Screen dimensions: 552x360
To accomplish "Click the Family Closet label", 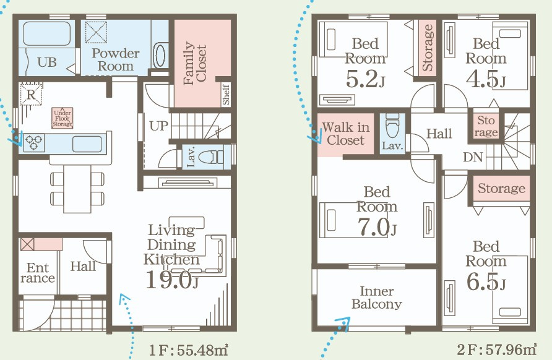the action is click(195, 63).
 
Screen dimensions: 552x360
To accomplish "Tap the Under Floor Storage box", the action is click(63, 118).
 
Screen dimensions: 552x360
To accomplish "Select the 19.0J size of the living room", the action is click(172, 280).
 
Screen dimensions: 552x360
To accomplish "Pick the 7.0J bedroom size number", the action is click(377, 227).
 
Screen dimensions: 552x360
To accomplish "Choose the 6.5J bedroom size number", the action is click(486, 281).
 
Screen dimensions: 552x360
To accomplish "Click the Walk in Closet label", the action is click(345, 134).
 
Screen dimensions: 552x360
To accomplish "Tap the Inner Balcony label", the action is click(377, 298).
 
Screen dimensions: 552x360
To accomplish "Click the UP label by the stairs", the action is click(159, 126).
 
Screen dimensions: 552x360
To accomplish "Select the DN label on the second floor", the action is click(473, 157).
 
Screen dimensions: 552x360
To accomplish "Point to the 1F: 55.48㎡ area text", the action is click(189, 350).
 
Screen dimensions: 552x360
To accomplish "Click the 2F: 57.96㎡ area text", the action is click(497, 349).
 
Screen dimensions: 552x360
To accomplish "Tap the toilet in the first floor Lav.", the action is click(210, 156).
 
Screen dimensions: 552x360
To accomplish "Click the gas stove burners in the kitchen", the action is click(34, 143).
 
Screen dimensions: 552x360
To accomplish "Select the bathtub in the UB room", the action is click(47, 33).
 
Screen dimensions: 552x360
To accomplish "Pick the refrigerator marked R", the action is click(31, 94).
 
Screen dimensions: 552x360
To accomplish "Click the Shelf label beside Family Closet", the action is click(226, 94).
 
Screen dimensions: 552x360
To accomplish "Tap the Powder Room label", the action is click(116, 59).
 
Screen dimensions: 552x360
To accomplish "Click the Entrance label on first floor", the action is click(37, 273).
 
